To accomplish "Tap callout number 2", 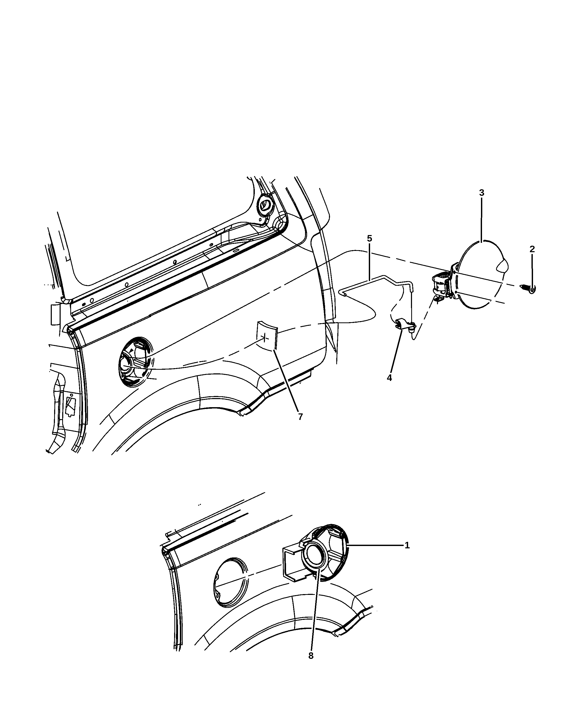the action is (x=532, y=249).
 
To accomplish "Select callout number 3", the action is (x=481, y=193).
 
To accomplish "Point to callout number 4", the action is (x=389, y=378).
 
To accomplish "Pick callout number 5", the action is (x=369, y=238).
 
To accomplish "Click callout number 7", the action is (x=300, y=417).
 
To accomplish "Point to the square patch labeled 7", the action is (x=267, y=336).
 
